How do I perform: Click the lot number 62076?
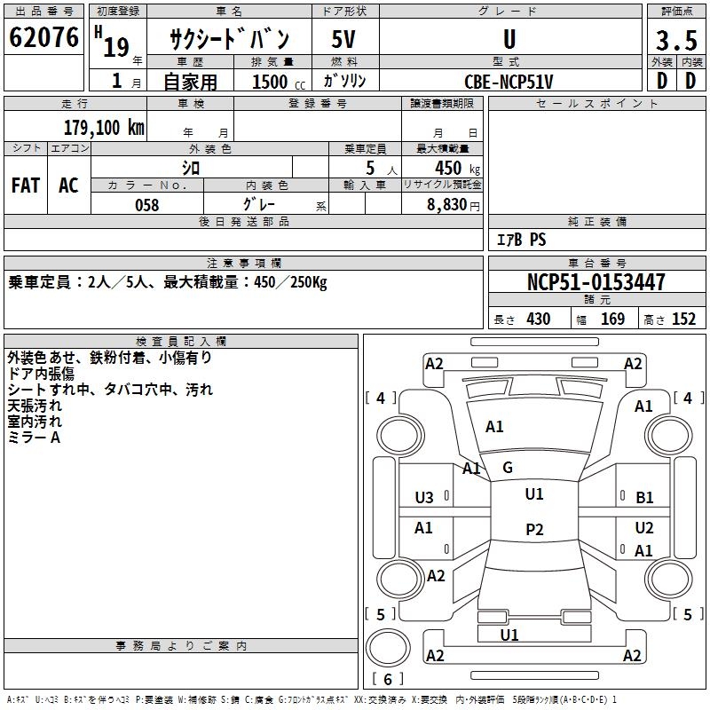click(43, 37)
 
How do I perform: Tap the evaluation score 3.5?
click(676, 40)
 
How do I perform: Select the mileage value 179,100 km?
click(104, 128)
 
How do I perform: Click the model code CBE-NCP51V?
click(509, 82)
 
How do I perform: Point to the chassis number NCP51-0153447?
click(596, 282)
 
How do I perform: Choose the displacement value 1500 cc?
click(279, 82)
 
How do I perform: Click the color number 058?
click(147, 205)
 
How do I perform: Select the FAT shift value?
click(26, 185)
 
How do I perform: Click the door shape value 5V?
click(343, 39)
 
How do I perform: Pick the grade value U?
click(509, 39)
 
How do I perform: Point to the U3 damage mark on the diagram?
click(424, 498)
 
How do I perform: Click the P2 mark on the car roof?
click(534, 529)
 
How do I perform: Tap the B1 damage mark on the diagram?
click(644, 498)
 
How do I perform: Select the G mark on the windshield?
click(508, 468)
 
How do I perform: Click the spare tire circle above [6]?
click(388, 648)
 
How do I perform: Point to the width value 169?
click(612, 319)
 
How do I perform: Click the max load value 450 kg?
click(457, 168)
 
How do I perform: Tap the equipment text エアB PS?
click(521, 240)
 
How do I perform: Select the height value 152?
click(683, 319)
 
